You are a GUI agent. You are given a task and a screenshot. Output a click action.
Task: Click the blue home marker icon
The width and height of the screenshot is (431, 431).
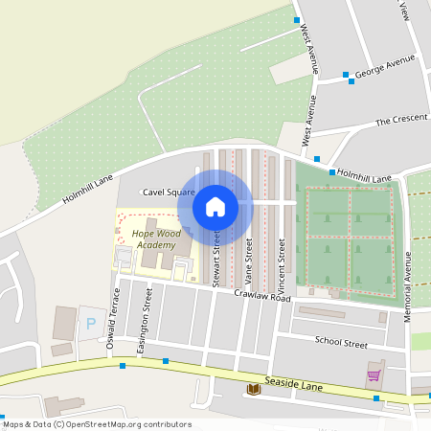(215, 206)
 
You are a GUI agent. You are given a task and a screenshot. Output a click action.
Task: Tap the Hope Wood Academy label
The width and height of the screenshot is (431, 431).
(155, 239)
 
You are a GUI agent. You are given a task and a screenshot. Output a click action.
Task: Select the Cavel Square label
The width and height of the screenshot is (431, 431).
(169, 193)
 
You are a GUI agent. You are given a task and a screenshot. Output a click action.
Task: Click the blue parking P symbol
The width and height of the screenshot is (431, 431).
(92, 324)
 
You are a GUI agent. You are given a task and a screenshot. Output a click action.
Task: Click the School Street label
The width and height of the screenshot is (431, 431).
(341, 343)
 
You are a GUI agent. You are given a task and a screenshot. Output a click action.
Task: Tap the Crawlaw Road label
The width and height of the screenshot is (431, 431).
(261, 298)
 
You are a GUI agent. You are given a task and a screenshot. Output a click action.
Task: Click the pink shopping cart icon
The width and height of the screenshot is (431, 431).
(374, 375)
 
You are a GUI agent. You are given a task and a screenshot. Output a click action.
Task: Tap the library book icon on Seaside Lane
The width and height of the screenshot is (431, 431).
(254, 388)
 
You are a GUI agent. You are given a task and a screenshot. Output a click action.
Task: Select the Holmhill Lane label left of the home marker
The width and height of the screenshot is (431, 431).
(88, 187)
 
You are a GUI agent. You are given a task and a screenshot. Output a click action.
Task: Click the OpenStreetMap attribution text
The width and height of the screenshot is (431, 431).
(97, 424)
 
